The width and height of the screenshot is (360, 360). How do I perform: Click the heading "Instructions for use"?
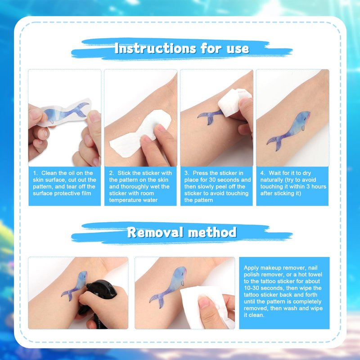coord(182,49)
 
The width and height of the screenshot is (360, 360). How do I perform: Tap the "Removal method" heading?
coord(182,232)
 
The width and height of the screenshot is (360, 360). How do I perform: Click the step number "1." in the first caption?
coord(36,173)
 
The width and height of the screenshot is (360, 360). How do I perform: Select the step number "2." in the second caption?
coord(111,173)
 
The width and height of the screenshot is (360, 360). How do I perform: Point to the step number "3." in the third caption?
coord(187,173)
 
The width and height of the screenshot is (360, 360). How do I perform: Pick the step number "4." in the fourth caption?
coord(263,173)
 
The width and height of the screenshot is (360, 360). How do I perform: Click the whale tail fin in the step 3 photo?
coord(207,117)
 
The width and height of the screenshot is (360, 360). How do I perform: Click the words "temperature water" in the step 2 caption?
coord(133,200)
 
